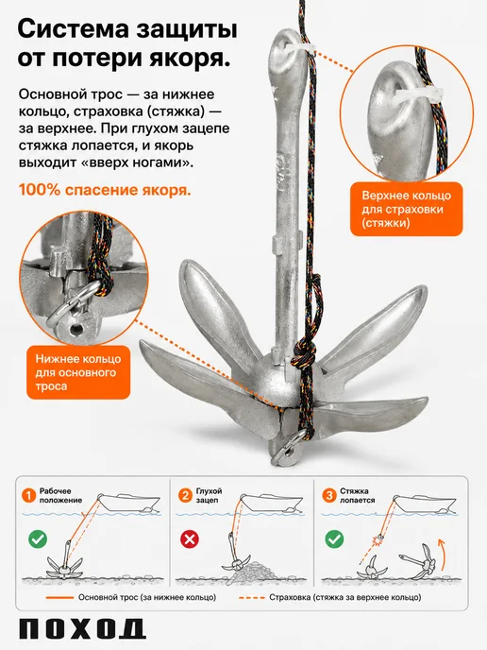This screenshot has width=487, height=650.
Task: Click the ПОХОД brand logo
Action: pos(81,629)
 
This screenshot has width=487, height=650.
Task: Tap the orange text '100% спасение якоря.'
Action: pos(105,190)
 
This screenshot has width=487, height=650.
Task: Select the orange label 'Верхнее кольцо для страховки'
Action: pos(406,209)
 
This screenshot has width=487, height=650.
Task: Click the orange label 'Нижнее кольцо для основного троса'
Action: pos(78,372)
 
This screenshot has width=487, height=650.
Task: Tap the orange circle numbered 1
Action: pos(28,495)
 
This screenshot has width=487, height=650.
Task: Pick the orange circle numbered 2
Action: pos(185,495)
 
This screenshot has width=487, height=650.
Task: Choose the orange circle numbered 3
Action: pos(329,495)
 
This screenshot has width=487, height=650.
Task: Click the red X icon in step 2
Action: pos(190,539)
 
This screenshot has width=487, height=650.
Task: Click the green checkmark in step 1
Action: pos(38,539)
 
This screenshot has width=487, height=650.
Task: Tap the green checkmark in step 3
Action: pos(334,539)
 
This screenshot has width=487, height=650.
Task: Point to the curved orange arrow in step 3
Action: pos(444,556)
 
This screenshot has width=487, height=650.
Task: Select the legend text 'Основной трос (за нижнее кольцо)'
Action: pos(147,597)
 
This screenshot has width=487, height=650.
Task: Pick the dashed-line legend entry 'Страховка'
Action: pos(330,597)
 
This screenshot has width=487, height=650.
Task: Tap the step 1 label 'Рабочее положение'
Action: pos(60,495)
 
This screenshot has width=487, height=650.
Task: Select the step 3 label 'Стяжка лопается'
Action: pos(357,495)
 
